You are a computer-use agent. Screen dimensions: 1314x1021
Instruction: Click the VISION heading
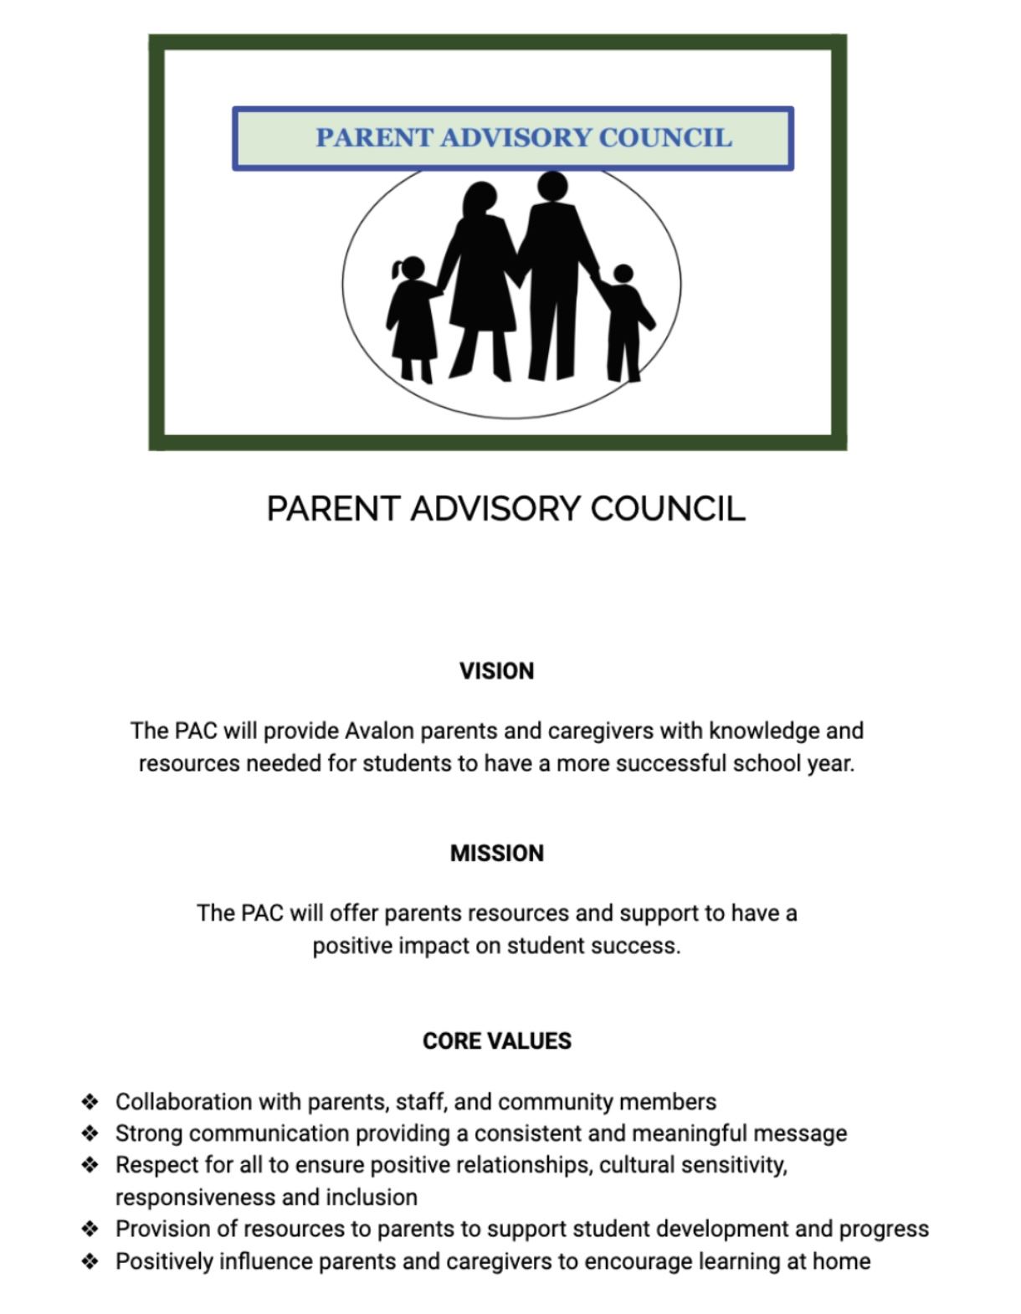496,671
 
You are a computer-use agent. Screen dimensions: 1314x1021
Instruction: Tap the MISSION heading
496,853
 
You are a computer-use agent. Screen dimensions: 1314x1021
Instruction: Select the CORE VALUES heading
496,1041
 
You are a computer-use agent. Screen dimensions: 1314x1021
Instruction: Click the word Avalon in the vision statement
379,731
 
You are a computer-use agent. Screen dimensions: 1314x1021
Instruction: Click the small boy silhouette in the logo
626,322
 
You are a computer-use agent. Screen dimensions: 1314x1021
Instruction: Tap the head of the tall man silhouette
552,186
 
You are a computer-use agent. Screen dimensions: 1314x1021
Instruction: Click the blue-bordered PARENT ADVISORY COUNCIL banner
512,138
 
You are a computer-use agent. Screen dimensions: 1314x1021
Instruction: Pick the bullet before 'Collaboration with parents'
90,1101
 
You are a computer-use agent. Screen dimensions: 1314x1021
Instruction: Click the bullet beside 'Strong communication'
90,1133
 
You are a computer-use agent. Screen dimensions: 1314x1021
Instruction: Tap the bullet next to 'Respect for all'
90,1165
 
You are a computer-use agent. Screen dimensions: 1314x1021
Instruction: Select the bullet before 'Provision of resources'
90,1229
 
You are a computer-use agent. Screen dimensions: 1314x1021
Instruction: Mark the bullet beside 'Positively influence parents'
90,1261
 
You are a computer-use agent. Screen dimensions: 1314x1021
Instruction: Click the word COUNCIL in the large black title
667,509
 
